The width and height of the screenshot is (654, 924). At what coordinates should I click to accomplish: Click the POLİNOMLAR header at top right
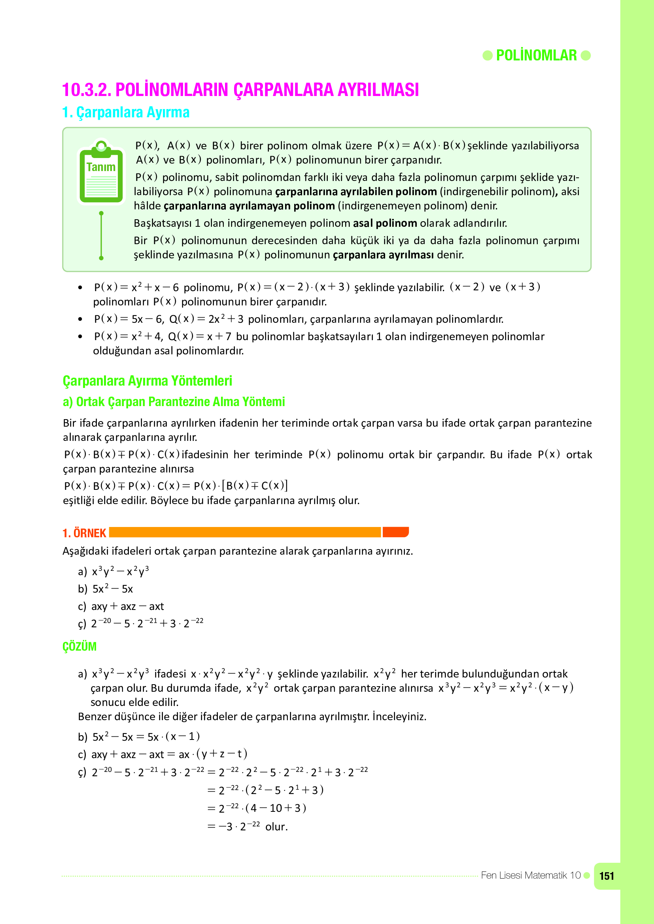pos(536,55)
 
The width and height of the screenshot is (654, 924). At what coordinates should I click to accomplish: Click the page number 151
pos(607,876)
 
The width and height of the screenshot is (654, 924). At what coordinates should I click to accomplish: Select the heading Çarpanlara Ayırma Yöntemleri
pos(147,381)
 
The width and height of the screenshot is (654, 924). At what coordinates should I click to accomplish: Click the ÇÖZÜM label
pos(79,646)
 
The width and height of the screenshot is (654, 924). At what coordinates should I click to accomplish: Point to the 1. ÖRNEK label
pos(84,533)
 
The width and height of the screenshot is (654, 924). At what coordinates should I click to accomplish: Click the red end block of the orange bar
pos(395,532)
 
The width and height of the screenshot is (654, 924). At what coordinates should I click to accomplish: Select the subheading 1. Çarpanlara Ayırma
pos(126,112)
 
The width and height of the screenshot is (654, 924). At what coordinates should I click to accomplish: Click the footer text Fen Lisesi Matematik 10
pos(530,875)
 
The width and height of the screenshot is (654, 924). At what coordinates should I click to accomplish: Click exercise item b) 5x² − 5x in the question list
pos(106,589)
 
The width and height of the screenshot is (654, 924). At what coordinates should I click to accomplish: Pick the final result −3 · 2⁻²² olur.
pos(247,826)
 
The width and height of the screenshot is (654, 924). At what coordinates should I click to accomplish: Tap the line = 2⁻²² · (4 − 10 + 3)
pos(257,808)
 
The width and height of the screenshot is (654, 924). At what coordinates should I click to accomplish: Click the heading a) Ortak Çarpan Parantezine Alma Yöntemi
pos(174,402)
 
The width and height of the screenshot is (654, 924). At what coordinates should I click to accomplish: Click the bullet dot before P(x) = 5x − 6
pos(80,319)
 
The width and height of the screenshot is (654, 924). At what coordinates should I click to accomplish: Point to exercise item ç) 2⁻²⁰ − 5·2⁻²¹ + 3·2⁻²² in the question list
pos(140,623)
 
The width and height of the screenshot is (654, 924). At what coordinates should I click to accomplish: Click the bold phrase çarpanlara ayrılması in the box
pos(384,255)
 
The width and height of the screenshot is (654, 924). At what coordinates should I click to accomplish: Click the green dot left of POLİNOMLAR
pos(487,55)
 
